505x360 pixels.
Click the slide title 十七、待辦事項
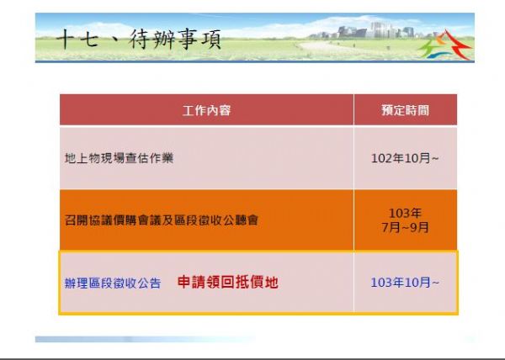tap(139, 40)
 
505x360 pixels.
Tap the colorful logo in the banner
tap(445, 45)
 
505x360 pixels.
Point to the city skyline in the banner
tap(370, 31)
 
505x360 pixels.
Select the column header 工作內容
tap(206, 110)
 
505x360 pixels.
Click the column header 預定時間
tap(405, 110)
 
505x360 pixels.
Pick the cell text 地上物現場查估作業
tap(120, 158)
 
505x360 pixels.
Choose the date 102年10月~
tap(405, 158)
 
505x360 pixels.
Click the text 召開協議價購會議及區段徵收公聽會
tap(162, 220)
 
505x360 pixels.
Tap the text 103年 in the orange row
tap(405, 213)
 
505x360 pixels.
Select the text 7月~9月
tap(405, 227)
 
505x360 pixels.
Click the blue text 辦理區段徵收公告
tap(113, 283)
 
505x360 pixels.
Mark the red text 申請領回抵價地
tap(228, 282)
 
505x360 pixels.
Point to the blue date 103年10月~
tap(405, 283)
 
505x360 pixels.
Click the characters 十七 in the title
tap(77, 40)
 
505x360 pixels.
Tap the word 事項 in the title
tap(199, 40)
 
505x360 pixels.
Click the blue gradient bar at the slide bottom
tap(145, 339)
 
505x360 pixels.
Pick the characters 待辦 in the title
tap(152, 40)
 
